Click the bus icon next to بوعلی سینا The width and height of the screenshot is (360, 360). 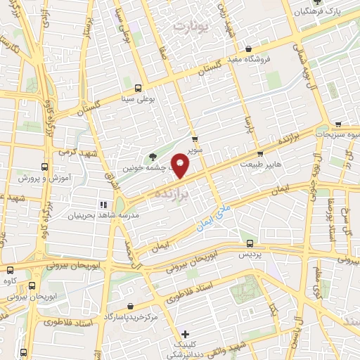(138, 89)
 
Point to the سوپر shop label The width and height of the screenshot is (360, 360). (195, 149)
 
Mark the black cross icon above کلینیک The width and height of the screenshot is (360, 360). (184, 334)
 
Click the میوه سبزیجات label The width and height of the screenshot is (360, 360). (331, 134)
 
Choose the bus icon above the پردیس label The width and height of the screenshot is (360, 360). (247, 241)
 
